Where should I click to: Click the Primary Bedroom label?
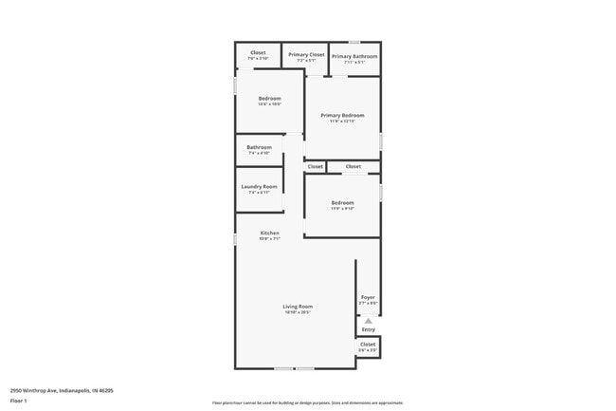tap(342, 116)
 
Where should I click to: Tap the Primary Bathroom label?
tap(354, 56)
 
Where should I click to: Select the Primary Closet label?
tap(306, 55)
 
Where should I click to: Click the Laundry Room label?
tap(259, 187)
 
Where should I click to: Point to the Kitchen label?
tap(270, 233)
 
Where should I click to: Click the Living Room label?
tap(298, 307)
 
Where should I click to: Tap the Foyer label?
tap(368, 298)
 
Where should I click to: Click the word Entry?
tap(368, 329)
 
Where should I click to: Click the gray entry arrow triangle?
tap(368, 321)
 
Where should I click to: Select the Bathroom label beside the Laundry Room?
tap(259, 147)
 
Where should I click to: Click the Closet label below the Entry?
tap(368, 345)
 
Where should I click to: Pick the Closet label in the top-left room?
tap(258, 52)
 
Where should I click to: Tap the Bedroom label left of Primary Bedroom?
tap(269, 98)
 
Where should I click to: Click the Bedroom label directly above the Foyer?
tap(342, 202)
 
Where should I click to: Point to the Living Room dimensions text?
tap(298, 312)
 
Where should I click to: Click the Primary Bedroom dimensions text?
tap(342, 121)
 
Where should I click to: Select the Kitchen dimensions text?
tap(270, 238)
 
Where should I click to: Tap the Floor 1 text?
tap(19, 400)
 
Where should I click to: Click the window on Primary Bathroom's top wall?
tap(354, 42)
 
